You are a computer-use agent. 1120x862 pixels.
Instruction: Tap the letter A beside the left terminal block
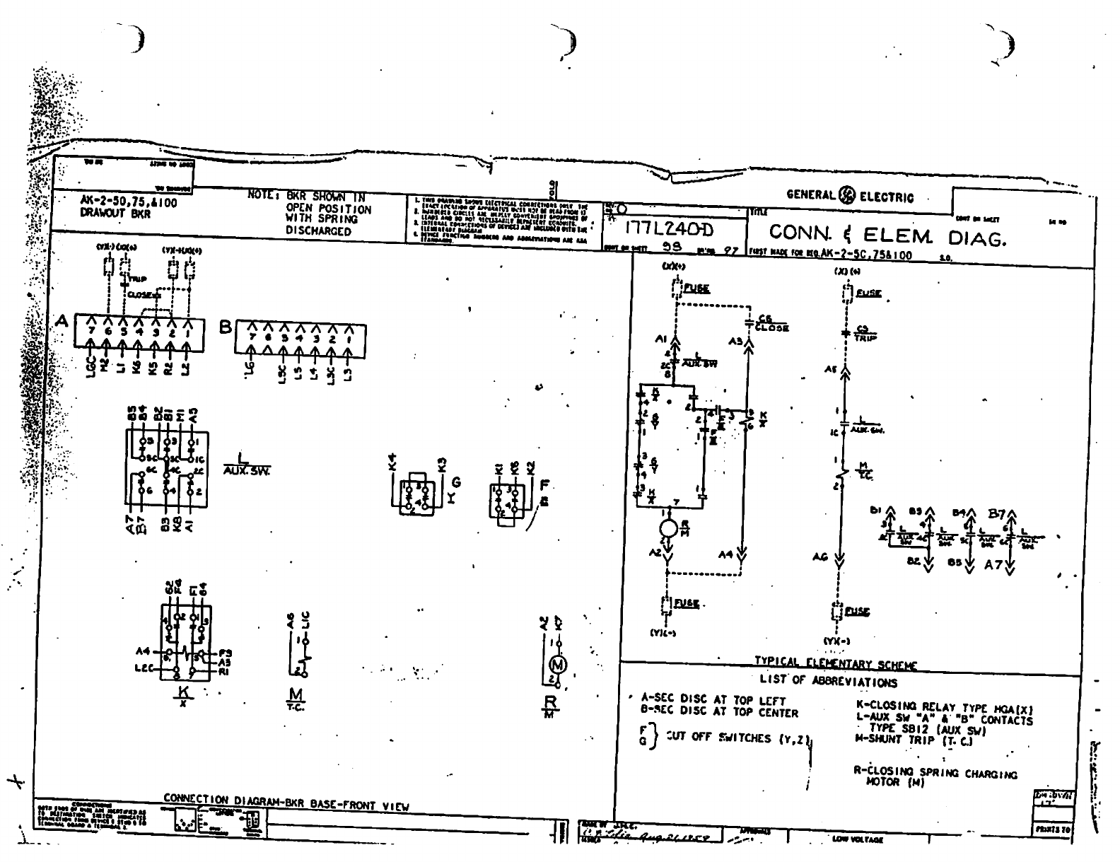click(x=62, y=322)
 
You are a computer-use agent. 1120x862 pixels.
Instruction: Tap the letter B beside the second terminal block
click(x=226, y=327)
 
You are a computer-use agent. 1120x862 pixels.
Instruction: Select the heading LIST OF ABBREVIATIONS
click(x=828, y=682)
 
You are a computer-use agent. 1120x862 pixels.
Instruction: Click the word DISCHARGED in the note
click(x=318, y=231)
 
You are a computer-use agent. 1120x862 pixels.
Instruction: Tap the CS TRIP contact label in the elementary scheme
click(x=865, y=333)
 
